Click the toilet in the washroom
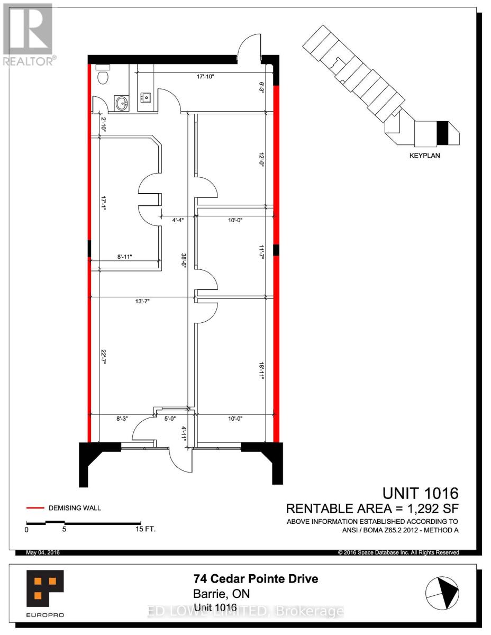(103, 75)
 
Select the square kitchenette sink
(146, 97)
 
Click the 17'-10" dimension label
(205, 77)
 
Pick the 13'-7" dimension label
(142, 301)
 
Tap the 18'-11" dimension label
(261, 371)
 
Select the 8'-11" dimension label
(125, 257)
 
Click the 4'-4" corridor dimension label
(178, 220)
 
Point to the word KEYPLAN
(424, 156)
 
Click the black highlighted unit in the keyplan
(442, 133)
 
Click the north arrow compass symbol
(442, 593)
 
